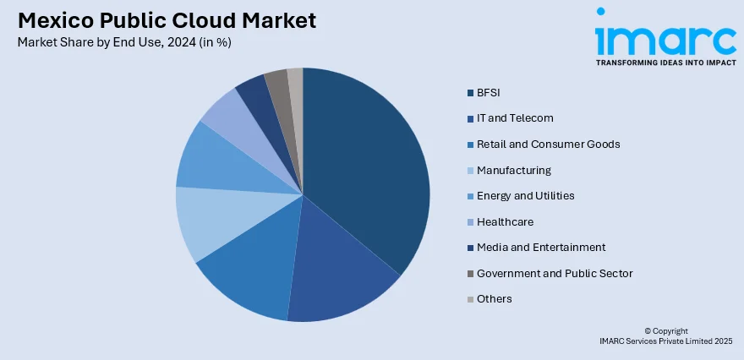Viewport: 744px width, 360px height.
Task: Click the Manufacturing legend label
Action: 513,170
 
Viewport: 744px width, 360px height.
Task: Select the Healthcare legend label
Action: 505,221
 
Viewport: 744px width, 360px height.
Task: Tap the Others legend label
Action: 495,299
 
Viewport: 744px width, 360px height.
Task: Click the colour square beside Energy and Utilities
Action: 469,196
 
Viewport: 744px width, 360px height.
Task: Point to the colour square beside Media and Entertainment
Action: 469,248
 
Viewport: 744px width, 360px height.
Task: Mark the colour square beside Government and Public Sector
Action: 469,274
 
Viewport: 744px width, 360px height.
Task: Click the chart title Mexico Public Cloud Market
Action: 166,20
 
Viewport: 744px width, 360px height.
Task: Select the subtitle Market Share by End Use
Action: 123,41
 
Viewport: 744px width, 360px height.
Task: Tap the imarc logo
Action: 665,37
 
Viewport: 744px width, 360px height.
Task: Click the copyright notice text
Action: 665,335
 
